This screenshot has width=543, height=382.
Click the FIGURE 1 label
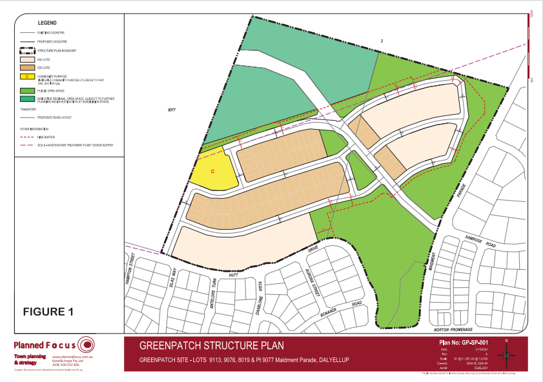point(48,312)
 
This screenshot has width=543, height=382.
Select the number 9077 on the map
point(170,110)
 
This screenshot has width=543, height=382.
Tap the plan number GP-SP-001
point(460,343)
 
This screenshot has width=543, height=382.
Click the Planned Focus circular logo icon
point(86,344)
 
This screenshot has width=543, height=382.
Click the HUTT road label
point(233,275)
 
